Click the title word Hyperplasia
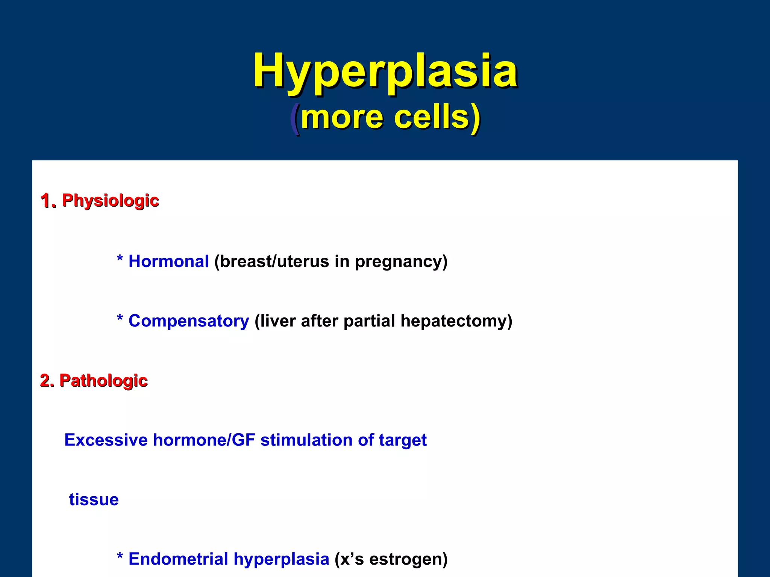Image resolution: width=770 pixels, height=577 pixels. coord(385,71)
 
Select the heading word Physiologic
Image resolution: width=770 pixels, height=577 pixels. coord(111,201)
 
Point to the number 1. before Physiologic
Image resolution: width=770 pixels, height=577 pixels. coord(48,201)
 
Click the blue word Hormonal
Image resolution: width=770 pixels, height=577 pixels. coord(168,261)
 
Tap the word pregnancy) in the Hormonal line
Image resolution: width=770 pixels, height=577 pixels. coord(401,261)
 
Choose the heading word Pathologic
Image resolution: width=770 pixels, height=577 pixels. coord(103,381)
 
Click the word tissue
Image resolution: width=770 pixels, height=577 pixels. coord(94,500)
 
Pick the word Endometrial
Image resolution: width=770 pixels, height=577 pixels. coord(178,559)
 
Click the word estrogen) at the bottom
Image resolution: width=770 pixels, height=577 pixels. coord(408,559)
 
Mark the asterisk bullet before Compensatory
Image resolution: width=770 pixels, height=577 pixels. coord(120,319)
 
